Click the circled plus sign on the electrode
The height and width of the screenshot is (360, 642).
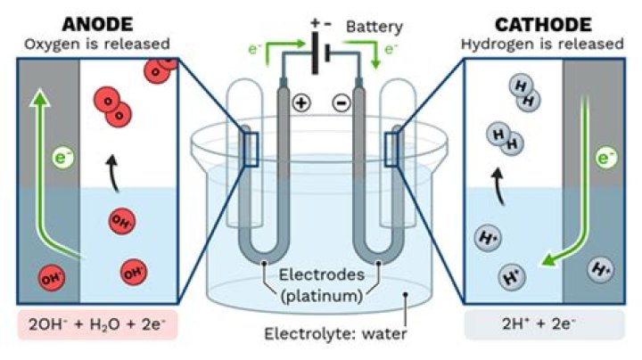pyautogui.click(x=301, y=103)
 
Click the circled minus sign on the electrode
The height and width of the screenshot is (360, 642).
pyautogui.click(x=341, y=103)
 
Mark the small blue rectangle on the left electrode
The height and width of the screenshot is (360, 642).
pyautogui.click(x=250, y=148)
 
